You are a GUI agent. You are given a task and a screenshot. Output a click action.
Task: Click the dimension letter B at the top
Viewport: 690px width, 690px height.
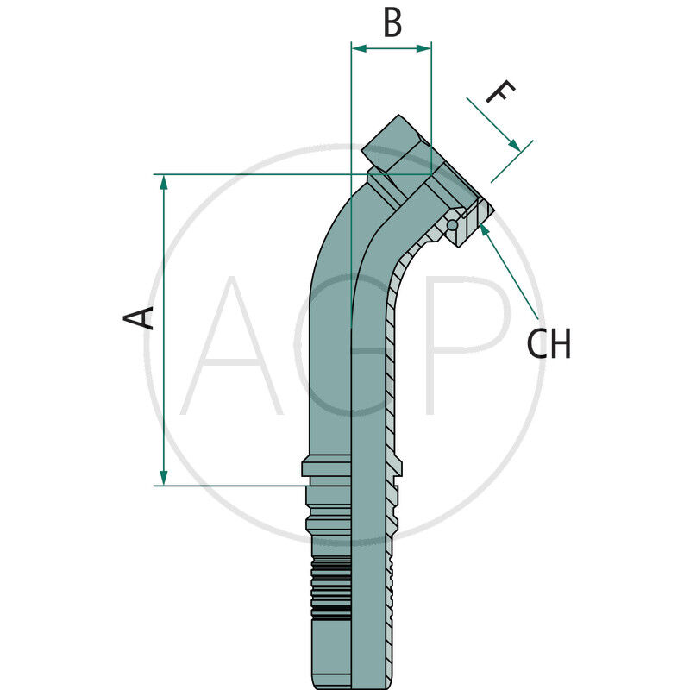[x=392, y=23]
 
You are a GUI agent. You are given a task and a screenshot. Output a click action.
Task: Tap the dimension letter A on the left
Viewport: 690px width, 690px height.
[x=138, y=317]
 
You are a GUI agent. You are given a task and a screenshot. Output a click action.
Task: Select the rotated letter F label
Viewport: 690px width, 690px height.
[x=500, y=91]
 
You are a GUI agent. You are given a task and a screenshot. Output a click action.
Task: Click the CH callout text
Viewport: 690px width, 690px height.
[x=549, y=343]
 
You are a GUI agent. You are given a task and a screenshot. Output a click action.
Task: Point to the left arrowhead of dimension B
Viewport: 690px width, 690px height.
[x=359, y=48]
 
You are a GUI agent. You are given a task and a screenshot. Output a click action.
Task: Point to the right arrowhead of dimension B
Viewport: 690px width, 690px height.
[x=423, y=48]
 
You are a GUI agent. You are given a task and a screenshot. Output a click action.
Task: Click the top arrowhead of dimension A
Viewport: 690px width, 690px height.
[x=164, y=182]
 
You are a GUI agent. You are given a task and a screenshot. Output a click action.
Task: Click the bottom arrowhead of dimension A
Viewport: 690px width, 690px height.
[x=164, y=478]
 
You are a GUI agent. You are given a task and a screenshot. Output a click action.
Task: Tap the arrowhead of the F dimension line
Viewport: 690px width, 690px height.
[x=514, y=144]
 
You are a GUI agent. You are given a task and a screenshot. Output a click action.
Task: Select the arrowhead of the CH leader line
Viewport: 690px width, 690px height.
[x=484, y=229]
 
